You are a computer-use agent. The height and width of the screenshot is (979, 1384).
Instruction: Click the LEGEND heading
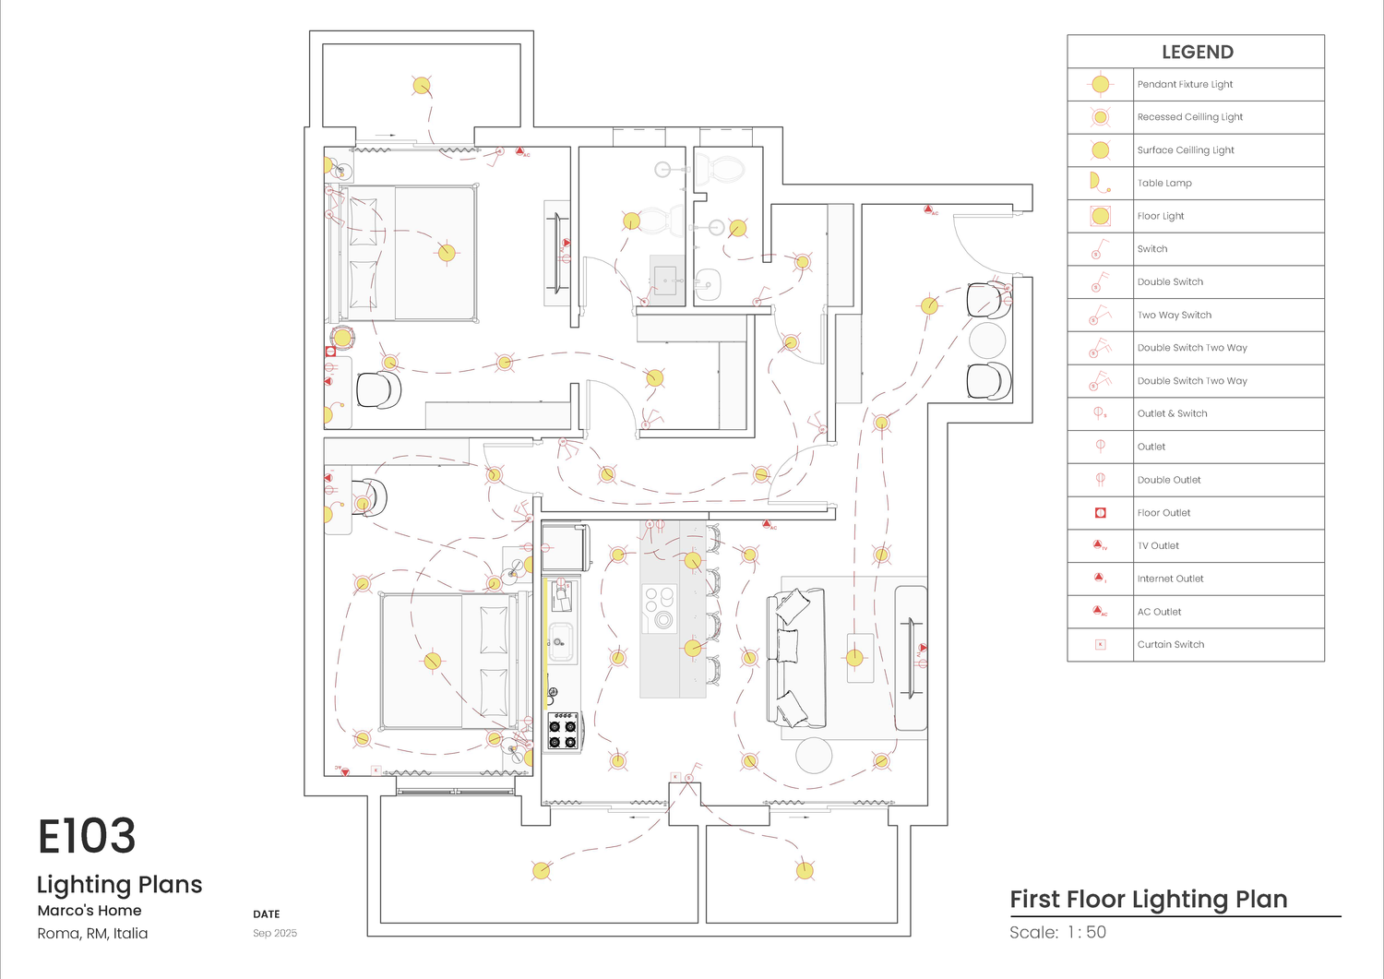click(1197, 53)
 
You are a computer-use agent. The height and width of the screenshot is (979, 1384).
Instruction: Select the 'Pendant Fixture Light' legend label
click(1185, 85)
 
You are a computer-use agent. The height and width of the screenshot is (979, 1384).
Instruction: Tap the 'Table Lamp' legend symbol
click(1098, 183)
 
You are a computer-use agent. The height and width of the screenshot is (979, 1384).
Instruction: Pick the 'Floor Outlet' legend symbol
click(1100, 513)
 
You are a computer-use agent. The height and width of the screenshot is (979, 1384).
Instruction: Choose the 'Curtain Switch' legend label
click(1170, 645)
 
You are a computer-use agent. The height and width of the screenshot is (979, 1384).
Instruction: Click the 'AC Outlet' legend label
click(1159, 612)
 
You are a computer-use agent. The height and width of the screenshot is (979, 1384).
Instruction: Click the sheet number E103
click(87, 837)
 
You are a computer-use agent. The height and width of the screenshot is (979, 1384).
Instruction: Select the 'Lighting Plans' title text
click(119, 885)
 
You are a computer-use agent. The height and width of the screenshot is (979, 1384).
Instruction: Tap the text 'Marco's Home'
click(89, 911)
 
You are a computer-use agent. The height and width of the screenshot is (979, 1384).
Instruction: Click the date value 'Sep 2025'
click(275, 934)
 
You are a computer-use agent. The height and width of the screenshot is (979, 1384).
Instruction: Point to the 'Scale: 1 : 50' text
click(1057, 933)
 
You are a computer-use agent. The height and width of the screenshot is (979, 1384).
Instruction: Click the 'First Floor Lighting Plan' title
click(1148, 900)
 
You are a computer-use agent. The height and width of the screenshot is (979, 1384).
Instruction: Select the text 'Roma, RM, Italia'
click(92, 934)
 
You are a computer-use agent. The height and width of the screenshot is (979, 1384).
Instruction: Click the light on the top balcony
click(422, 86)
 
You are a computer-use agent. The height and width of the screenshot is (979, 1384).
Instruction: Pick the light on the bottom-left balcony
click(542, 870)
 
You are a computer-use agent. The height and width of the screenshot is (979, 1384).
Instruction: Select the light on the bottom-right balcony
click(805, 870)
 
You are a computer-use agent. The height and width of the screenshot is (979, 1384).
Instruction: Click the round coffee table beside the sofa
click(814, 756)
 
